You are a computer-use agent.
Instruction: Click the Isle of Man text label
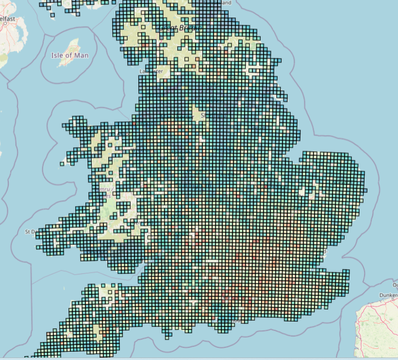click(70, 55)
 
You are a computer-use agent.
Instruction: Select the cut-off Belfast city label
click(7, 19)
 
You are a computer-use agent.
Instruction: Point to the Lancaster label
click(151, 71)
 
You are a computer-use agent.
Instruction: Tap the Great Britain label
click(183, 28)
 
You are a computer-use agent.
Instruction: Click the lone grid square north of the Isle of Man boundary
click(52, 15)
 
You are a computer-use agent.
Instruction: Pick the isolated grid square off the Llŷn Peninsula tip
click(62, 164)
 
